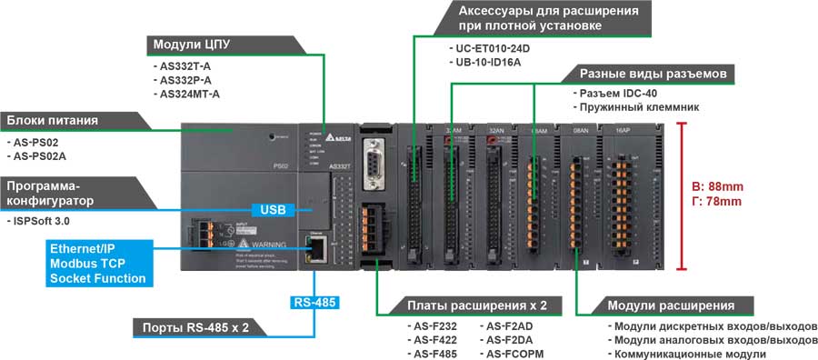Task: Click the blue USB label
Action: (273, 210)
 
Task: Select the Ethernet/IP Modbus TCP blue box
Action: (97, 263)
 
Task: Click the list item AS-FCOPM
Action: (514, 353)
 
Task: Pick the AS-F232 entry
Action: (433, 325)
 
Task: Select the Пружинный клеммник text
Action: (628, 107)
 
